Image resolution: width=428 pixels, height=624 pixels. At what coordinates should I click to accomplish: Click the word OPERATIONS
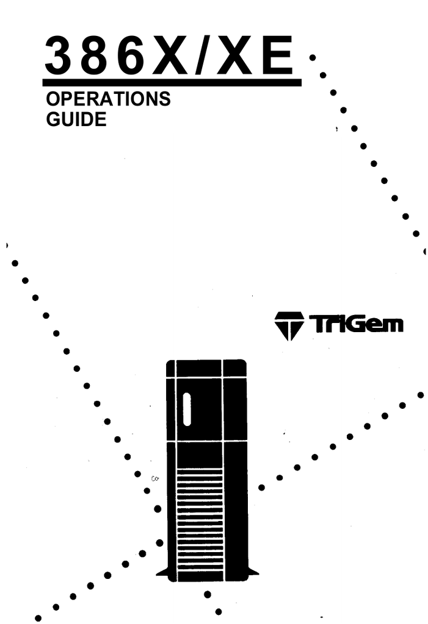(x=108, y=99)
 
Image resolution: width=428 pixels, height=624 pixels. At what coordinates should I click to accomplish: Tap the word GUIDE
(x=76, y=119)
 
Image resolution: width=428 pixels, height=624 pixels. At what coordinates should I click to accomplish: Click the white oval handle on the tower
(x=186, y=409)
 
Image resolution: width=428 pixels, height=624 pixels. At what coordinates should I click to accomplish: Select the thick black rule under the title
(x=172, y=82)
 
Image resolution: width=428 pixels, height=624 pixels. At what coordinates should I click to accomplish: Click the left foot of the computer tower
(x=162, y=573)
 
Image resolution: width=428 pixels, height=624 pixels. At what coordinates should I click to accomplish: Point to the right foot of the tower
(x=253, y=573)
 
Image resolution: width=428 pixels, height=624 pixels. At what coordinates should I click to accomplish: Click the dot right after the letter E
(x=313, y=58)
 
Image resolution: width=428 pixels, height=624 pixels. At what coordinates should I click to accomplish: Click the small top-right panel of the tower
(x=234, y=368)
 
